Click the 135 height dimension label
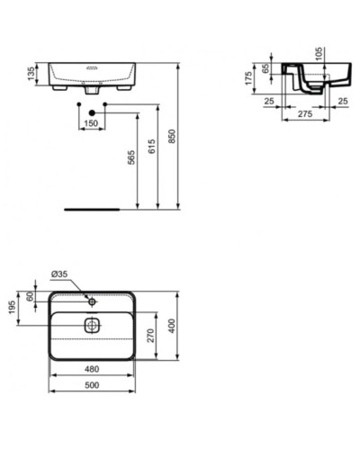[32, 74]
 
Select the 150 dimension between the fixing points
[90, 123]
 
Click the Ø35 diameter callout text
[60, 273]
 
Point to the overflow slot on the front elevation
[90, 67]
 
